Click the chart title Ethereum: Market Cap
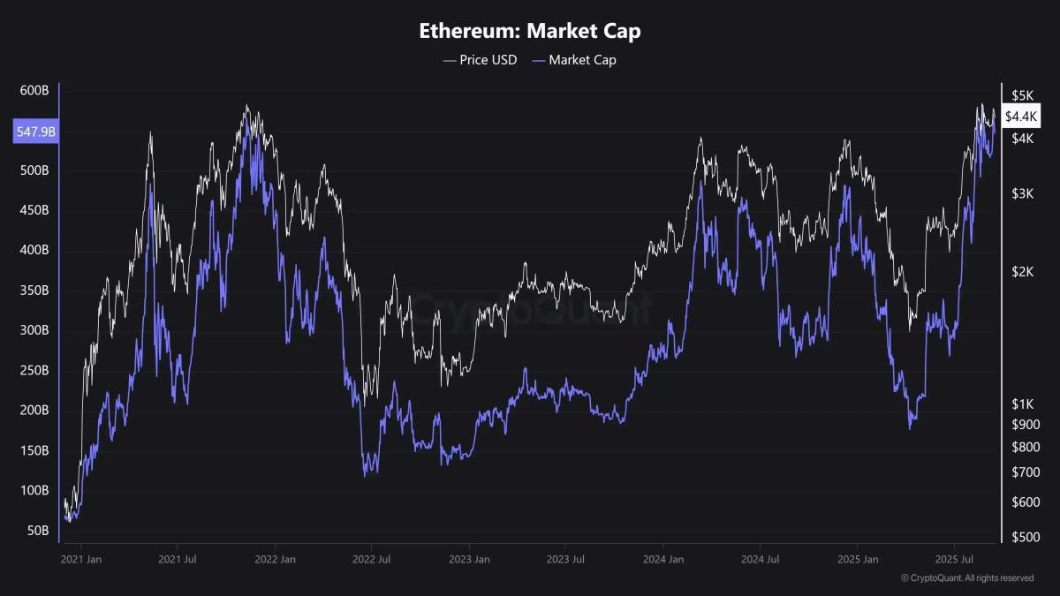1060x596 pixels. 530,31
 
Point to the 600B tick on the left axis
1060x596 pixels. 34,90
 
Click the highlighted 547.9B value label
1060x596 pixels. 35,132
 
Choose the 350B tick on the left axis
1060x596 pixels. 34,290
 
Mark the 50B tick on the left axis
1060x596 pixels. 37,531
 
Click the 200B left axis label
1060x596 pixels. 34,411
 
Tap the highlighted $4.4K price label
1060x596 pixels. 1021,117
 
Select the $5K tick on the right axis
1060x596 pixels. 1022,95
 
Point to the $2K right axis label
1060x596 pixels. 1022,272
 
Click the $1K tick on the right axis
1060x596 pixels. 1022,404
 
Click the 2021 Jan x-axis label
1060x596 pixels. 82,559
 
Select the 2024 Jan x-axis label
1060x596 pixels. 663,559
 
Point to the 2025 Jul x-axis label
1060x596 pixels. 953,559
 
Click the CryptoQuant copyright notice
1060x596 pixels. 967,578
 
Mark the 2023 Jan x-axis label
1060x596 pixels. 469,559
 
